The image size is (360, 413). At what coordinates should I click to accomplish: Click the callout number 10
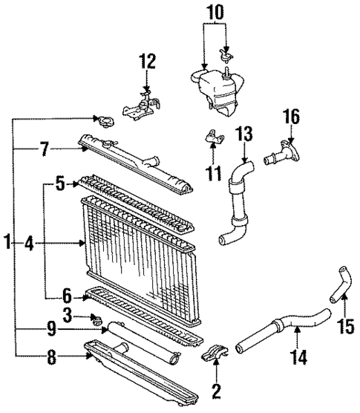pos(214,13)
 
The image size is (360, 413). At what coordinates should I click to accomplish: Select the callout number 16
pos(290,116)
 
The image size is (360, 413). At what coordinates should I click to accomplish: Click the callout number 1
pos(7,241)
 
